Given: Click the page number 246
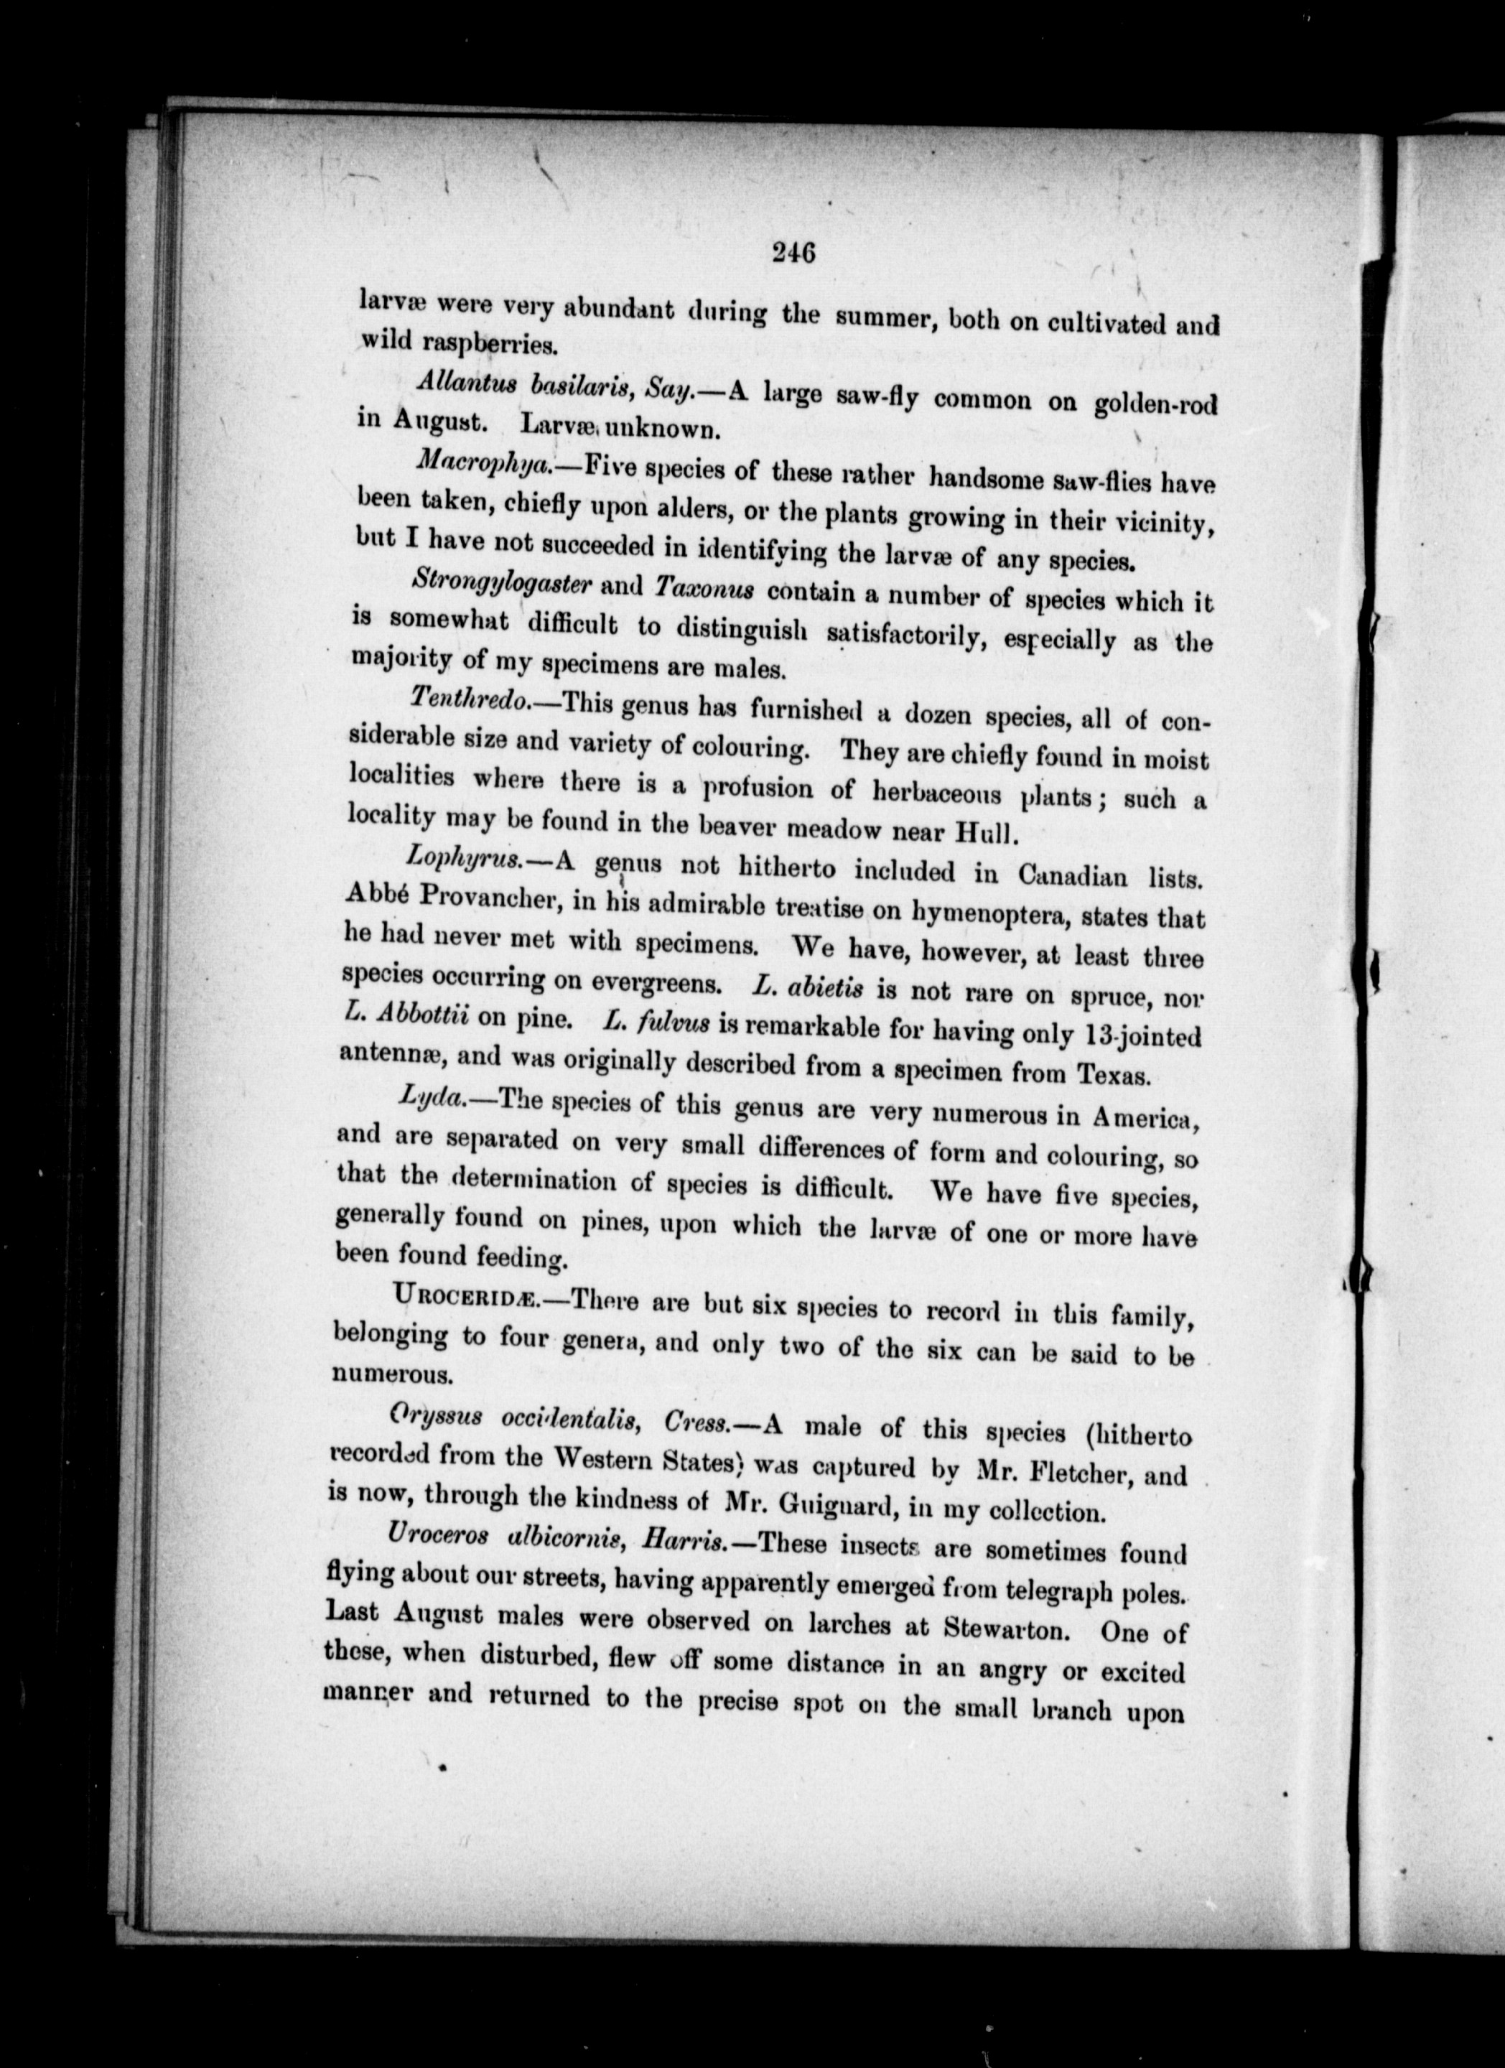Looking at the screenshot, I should (x=791, y=251).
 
